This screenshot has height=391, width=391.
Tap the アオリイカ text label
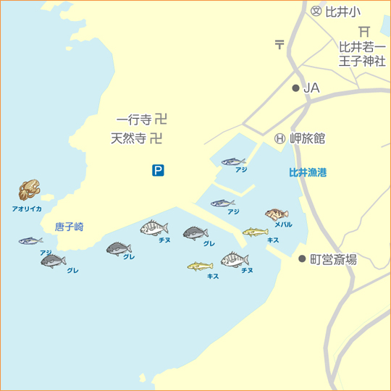pyautogui.click(x=27, y=209)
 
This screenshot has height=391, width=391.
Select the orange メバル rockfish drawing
pyautogui.click(x=277, y=214)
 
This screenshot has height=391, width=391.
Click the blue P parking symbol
pyautogui.click(x=158, y=171)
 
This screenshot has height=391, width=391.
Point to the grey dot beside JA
pyautogui.click(x=295, y=88)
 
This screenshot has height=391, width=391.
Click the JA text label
pyautogui.click(x=311, y=88)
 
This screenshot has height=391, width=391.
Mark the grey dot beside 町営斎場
pyautogui.click(x=303, y=258)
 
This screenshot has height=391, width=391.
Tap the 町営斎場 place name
pyautogui.click(x=333, y=259)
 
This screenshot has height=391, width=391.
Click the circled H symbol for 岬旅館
pyautogui.click(x=279, y=138)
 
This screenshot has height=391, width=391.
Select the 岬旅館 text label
pyautogui.click(x=308, y=138)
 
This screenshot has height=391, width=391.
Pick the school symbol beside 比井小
pyautogui.click(x=316, y=12)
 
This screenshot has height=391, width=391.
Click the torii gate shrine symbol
pyautogui.click(x=364, y=30)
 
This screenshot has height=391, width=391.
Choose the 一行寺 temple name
pyautogui.click(x=134, y=119)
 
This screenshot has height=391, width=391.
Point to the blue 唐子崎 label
pyautogui.click(x=70, y=227)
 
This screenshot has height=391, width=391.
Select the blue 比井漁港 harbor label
pyautogui.click(x=308, y=173)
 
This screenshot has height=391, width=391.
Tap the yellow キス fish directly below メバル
pyautogui.click(x=255, y=232)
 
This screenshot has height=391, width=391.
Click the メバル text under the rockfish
pyautogui.click(x=283, y=224)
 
